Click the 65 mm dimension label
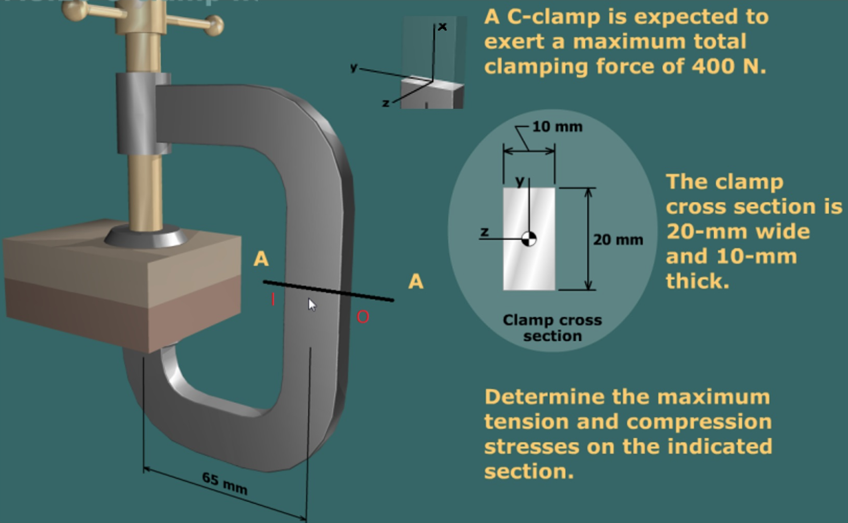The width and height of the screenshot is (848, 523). (225, 483)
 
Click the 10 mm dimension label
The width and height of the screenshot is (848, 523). (557, 127)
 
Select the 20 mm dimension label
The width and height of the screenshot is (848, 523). (617, 239)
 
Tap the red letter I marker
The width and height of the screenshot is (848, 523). (273, 299)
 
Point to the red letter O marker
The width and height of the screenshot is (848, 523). (363, 317)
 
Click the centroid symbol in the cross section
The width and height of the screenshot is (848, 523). (529, 239)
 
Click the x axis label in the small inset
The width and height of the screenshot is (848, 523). (442, 26)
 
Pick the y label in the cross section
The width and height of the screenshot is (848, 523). (519, 181)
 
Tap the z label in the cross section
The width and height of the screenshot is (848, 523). (484, 231)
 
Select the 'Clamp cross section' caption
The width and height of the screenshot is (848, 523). (552, 328)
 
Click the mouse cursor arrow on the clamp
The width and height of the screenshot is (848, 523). (312, 304)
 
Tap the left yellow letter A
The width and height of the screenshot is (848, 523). (261, 259)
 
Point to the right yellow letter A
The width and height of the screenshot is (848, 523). (415, 281)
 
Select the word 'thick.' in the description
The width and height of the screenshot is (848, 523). (697, 281)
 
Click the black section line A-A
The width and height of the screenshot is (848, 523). (328, 290)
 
